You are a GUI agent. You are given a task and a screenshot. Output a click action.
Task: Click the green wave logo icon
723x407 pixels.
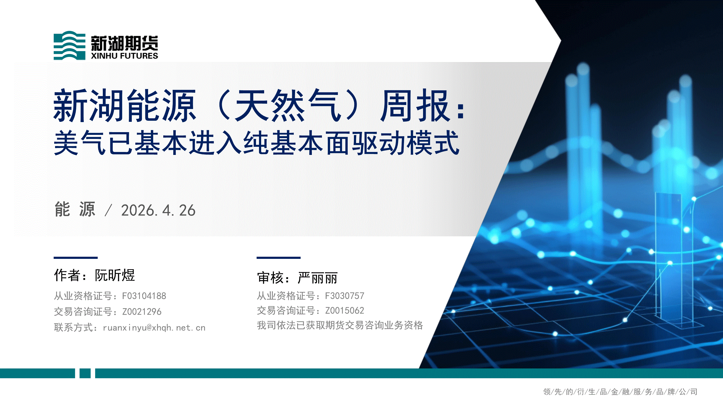pos(69,45)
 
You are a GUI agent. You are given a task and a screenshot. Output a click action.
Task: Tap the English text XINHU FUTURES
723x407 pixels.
pos(124,56)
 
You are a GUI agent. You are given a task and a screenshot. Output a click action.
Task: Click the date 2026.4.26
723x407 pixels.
pos(158,210)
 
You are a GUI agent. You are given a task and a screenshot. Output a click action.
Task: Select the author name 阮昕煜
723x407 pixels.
pos(115,275)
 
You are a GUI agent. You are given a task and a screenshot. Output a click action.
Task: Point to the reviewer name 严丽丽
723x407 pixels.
pos(318,278)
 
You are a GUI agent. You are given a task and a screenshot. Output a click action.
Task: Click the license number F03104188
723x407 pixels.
pos(144,296)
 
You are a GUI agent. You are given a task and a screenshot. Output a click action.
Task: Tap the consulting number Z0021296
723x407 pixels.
pos(142,311)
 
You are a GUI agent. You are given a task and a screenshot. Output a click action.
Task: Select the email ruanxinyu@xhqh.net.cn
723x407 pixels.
pos(154,327)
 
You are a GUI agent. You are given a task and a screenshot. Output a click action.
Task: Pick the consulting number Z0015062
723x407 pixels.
pos(344,310)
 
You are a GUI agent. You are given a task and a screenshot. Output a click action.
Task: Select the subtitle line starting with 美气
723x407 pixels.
pos(257,143)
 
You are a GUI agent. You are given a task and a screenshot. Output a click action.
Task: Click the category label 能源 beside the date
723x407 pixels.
pos(75,209)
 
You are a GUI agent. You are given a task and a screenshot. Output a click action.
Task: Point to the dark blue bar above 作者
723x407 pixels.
pos(75,257)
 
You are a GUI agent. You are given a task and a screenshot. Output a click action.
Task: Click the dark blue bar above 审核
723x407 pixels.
pos(279,257)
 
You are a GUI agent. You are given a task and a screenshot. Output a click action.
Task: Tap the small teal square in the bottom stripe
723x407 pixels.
pos(85,373)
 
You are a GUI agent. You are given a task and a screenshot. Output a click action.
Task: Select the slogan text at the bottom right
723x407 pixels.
pos(620,392)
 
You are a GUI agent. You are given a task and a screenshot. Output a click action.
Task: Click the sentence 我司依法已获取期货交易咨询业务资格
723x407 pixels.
pos(340,325)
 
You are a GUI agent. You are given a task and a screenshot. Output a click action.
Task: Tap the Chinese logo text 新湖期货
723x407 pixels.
pos(124,43)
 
